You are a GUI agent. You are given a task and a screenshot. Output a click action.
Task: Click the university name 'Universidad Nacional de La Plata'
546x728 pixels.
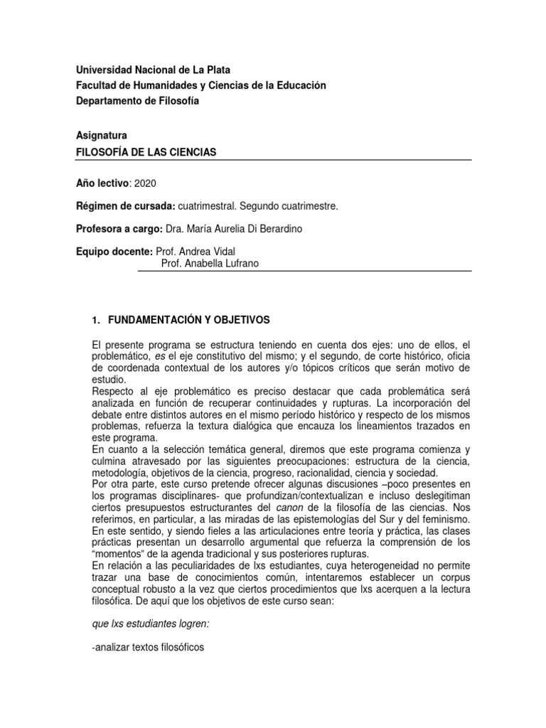[153, 70]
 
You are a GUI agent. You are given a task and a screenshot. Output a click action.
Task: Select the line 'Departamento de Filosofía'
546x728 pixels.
[137, 101]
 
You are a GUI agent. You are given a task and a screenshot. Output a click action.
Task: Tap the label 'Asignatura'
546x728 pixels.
[101, 135]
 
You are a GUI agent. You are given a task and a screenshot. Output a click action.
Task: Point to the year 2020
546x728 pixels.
[144, 183]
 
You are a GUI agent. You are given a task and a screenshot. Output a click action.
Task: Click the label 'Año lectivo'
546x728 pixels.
[102, 183]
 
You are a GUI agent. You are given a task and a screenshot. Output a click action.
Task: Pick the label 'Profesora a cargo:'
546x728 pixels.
[118, 229]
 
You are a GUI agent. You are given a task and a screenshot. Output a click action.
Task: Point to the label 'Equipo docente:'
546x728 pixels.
[114, 252]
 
